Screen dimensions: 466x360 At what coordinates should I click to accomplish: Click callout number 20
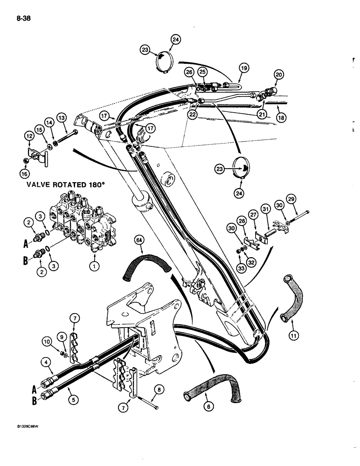click(279, 75)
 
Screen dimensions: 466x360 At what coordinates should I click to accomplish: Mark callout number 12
click(28, 136)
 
